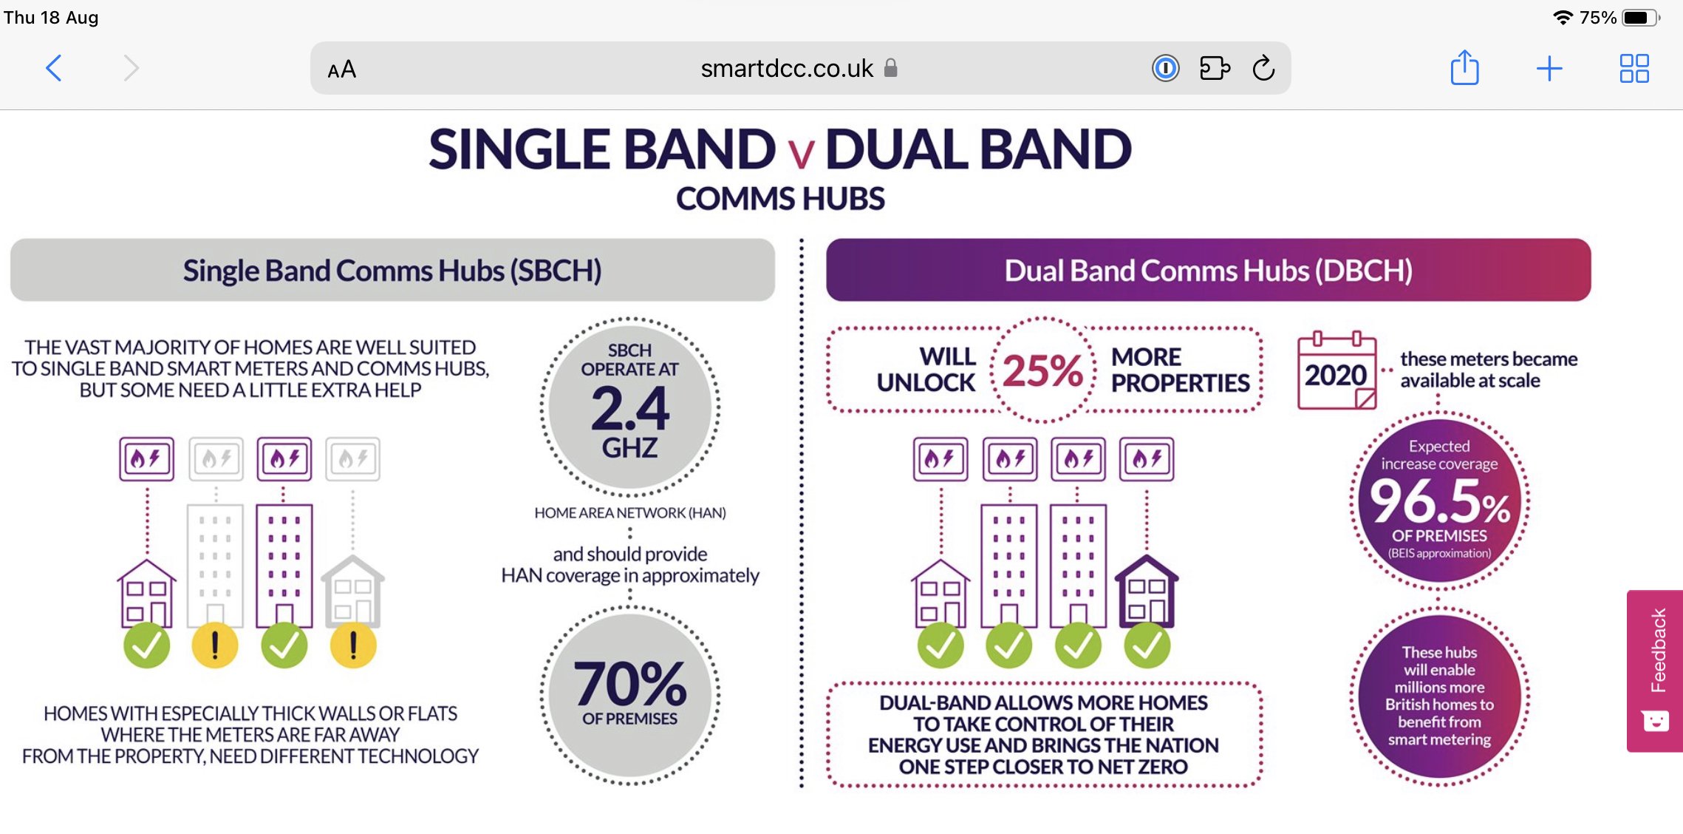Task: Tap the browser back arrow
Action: [53, 68]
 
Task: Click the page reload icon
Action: [1263, 68]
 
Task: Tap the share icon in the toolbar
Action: [1464, 67]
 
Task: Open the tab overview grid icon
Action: [1634, 68]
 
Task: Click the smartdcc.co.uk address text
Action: [787, 68]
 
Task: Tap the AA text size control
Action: [342, 69]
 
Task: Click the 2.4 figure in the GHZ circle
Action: [630, 409]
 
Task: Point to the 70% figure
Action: [630, 684]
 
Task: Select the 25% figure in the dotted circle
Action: [1042, 370]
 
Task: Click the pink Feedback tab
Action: [1655, 671]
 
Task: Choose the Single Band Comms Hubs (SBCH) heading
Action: [392, 271]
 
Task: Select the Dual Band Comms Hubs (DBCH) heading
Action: [1209, 271]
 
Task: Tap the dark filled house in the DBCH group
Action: [1147, 591]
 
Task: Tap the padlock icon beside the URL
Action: [891, 68]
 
